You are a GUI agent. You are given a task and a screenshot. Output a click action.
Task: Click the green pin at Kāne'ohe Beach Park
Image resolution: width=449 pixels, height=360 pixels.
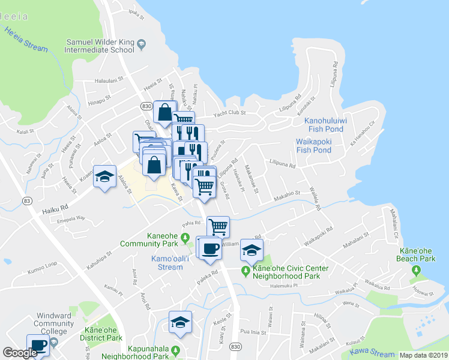click(415, 272)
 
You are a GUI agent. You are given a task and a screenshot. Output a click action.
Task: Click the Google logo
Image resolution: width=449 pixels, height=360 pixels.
click(19, 353)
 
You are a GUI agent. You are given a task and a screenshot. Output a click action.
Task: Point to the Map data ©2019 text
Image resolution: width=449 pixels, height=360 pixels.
click(423, 355)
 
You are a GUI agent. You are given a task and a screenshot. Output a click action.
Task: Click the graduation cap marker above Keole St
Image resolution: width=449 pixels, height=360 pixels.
click(180, 322)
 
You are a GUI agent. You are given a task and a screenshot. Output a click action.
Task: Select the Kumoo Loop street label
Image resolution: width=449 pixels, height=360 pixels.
click(42, 265)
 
